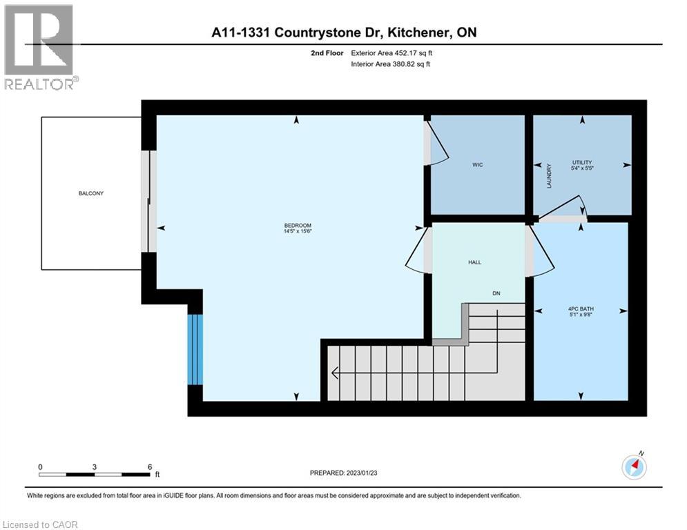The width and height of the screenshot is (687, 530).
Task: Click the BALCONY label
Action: point(90,193)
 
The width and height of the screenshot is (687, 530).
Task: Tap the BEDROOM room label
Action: point(298,226)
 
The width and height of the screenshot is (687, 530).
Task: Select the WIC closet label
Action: point(477,165)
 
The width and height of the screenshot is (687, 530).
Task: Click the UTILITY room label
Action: point(582,162)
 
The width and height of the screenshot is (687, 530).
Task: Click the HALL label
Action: point(474,262)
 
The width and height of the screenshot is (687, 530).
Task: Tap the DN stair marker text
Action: point(496,293)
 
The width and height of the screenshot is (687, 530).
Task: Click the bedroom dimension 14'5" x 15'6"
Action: point(298,232)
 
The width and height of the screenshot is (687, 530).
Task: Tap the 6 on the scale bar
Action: point(149,467)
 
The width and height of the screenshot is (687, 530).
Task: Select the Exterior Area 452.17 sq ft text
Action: point(391,52)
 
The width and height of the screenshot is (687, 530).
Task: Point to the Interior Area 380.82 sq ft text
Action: point(391,63)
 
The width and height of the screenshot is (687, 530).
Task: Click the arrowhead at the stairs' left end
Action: point(335,373)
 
